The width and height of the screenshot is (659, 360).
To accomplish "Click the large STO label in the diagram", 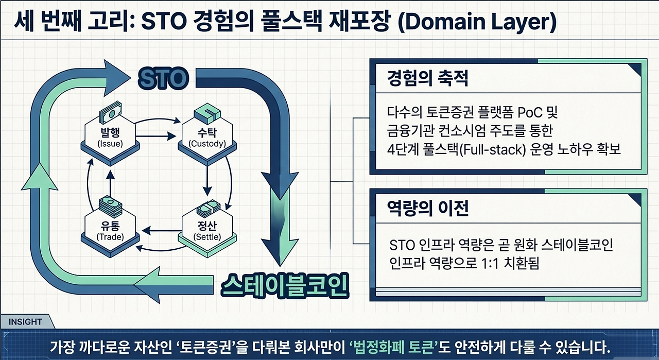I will (x=163, y=79).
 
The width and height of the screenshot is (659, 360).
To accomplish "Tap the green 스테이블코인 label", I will (x=285, y=286).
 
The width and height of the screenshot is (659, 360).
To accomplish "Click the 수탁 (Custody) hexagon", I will (x=206, y=137).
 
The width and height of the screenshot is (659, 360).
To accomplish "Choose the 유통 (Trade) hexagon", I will (x=109, y=231).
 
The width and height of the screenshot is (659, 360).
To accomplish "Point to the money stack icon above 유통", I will (x=109, y=204).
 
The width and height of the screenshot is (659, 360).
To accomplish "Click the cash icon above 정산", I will (x=207, y=207).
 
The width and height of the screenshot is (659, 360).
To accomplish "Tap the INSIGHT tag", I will (x=25, y=321).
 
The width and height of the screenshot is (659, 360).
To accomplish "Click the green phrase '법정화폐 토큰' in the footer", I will (x=393, y=345).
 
